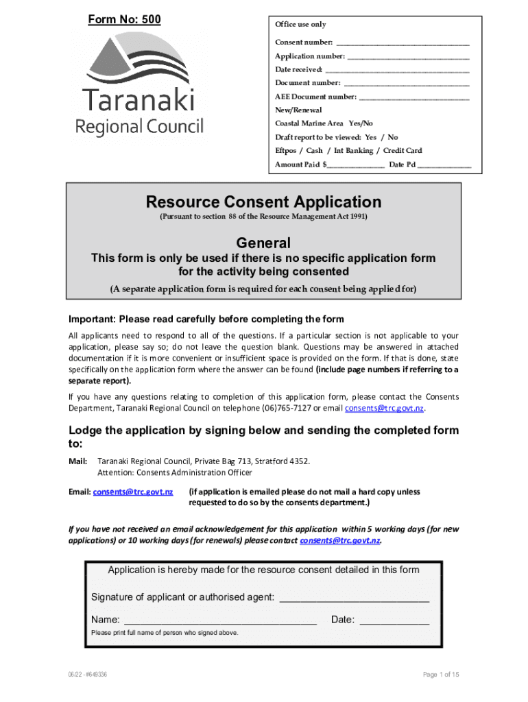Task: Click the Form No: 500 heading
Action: (124, 19)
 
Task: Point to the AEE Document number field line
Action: (413, 97)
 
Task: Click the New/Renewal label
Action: (298, 110)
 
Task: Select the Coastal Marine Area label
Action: (309, 123)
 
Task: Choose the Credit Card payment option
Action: (403, 151)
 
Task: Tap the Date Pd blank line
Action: (444, 166)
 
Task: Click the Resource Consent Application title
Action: (263, 202)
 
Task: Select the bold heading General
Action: (263, 243)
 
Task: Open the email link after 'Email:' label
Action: (133, 492)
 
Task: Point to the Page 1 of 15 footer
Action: (441, 675)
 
